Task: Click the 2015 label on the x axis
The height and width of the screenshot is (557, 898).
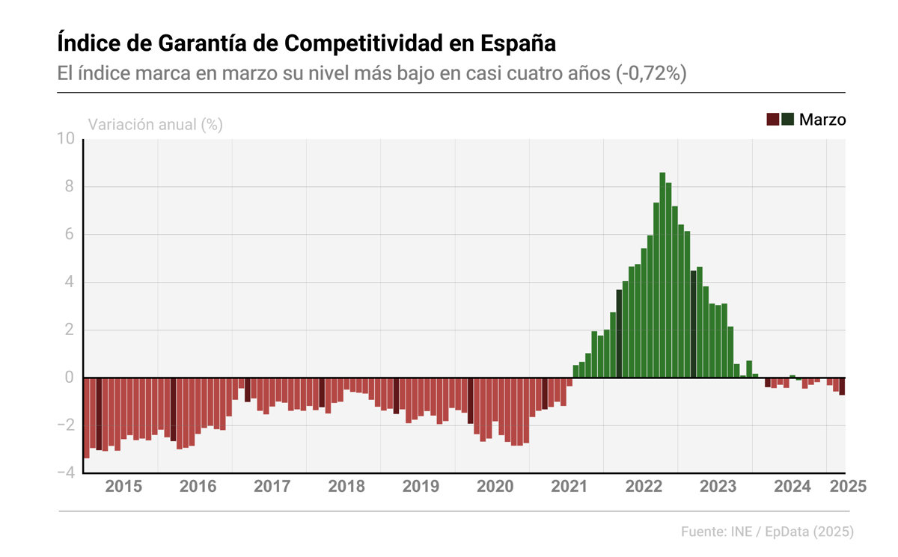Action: pyautogui.click(x=123, y=487)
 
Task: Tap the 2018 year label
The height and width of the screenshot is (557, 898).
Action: pyautogui.click(x=346, y=487)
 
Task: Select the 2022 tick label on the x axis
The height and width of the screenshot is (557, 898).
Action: pyautogui.click(x=644, y=487)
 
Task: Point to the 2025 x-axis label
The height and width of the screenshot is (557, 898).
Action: pyautogui.click(x=848, y=487)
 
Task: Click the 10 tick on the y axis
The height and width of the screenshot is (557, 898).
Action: pyautogui.click(x=66, y=139)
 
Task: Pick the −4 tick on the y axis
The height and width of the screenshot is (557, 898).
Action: pyautogui.click(x=66, y=473)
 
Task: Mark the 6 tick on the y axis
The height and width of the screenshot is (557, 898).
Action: pyautogui.click(x=69, y=235)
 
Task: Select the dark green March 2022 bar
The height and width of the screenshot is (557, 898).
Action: pyautogui.click(x=619, y=333)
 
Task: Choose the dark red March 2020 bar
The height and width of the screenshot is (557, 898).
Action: pyautogui.click(x=471, y=401)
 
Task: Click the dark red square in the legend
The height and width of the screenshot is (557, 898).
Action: pyautogui.click(x=772, y=120)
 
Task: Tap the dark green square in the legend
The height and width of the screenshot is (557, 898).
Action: pyautogui.click(x=787, y=120)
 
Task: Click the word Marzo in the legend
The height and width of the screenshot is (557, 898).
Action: pyautogui.click(x=822, y=120)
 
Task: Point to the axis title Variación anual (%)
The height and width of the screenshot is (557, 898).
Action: pyautogui.click(x=156, y=125)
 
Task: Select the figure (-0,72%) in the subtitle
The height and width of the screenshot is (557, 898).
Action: pyautogui.click(x=652, y=75)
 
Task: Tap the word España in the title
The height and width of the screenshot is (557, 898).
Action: pyautogui.click(x=519, y=43)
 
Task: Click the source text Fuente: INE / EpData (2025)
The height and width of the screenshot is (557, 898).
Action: pyautogui.click(x=767, y=532)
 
